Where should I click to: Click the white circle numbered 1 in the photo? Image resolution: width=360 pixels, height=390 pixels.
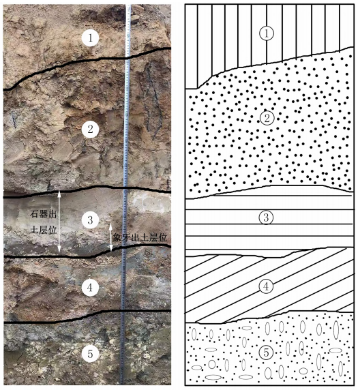point(90,37)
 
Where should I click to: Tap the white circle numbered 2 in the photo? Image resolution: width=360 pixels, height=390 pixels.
point(90,130)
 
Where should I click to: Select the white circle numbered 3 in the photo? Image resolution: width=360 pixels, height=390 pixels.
point(90,220)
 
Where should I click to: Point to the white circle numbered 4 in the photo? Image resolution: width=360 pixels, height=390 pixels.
point(90,287)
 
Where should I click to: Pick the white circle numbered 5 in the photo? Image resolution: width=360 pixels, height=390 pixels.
point(90,354)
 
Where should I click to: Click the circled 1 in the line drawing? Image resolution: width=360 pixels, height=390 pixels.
point(267,33)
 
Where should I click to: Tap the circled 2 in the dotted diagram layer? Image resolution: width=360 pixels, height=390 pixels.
point(267,118)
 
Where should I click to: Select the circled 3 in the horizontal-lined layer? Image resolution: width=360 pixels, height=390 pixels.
point(266,217)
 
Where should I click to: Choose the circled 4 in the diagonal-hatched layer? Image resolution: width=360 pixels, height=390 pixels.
point(266,286)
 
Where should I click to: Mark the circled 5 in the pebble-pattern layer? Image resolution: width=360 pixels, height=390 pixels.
point(266,352)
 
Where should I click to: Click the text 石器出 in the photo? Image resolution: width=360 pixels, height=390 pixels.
point(43,214)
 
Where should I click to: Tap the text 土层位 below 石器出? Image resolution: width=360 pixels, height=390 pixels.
point(43,230)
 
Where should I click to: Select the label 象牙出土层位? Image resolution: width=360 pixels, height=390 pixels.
point(140,238)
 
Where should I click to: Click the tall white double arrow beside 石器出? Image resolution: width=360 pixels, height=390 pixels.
point(59,222)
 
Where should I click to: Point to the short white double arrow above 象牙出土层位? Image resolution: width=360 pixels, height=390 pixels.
point(111,237)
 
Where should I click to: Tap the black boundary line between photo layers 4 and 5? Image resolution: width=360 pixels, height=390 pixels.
point(87,316)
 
